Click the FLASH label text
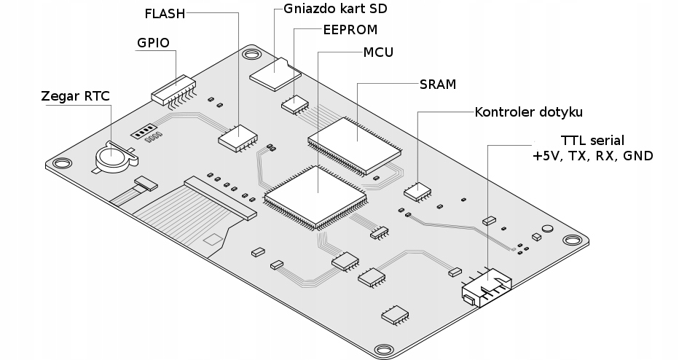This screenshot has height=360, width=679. (165, 13)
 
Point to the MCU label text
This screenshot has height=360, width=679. (378, 53)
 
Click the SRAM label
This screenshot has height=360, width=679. (438, 85)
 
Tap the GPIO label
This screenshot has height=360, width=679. (153, 42)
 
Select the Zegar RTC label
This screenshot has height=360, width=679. (76, 95)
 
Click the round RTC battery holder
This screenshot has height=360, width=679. (113, 155)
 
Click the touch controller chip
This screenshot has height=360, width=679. (417, 192)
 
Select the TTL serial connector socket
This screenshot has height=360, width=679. (487, 289)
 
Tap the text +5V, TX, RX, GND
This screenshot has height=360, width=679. (592, 156)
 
